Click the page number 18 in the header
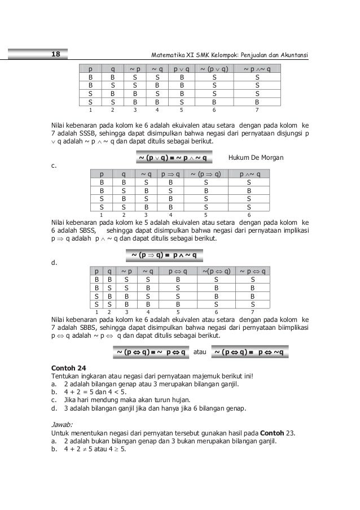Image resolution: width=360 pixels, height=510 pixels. point(56,55)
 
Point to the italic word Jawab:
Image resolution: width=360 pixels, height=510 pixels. point(62,425)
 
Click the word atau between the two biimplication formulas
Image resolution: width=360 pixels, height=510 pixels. point(200,353)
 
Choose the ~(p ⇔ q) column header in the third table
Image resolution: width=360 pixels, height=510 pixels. point(216,271)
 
